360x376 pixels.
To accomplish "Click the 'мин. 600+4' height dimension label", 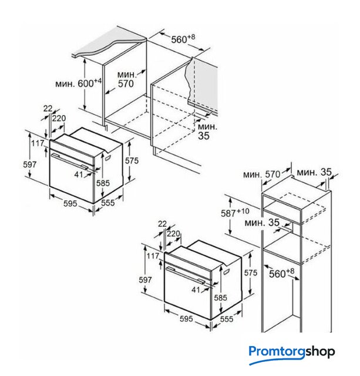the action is [x=79, y=83].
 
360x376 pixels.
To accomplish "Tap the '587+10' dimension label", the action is [x=235, y=213].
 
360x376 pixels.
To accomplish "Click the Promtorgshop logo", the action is [x=292, y=354].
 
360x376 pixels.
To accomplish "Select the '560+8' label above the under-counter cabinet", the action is [x=183, y=39].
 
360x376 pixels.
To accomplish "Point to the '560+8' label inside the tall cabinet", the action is [x=281, y=273].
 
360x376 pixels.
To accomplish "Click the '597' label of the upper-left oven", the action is [x=30, y=164].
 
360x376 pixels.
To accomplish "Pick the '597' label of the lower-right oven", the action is [x=145, y=280].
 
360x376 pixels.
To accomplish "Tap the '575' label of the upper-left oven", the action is [x=132, y=160].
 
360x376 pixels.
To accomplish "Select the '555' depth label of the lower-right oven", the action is [x=227, y=318].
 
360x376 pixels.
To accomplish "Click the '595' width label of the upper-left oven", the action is [x=70, y=203].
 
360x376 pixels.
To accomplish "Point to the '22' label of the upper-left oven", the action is [x=48, y=109].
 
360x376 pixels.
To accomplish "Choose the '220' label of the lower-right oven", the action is [x=173, y=233].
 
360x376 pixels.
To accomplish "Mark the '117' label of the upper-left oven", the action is [x=38, y=143].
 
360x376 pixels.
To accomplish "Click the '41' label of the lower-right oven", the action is [x=196, y=290].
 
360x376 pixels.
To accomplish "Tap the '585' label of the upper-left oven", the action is [x=103, y=183].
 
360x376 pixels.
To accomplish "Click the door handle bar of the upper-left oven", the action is [x=69, y=160].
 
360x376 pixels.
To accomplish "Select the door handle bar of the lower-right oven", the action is [x=184, y=275].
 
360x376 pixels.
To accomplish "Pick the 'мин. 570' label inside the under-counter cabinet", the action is [x=126, y=79].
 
